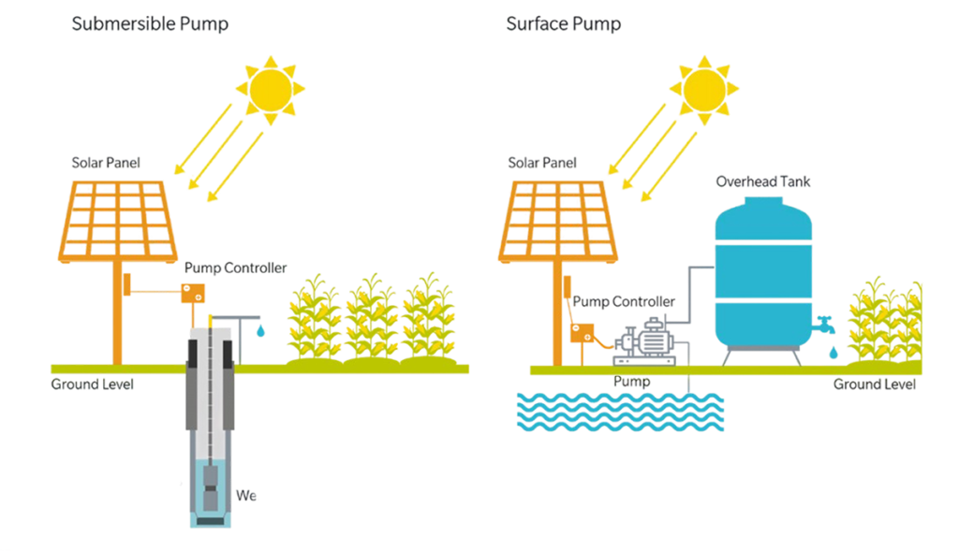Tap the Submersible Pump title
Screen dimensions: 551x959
[150, 24]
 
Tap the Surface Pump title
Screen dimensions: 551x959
[563, 24]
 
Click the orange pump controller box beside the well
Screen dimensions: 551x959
[194, 294]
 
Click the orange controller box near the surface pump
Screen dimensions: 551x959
[584, 332]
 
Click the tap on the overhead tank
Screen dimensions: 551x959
[825, 326]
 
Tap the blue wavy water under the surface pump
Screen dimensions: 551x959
[621, 410]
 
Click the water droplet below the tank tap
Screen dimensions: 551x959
[832, 353]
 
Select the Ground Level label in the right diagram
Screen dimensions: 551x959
[874, 384]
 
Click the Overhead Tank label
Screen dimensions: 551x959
[763, 181]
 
